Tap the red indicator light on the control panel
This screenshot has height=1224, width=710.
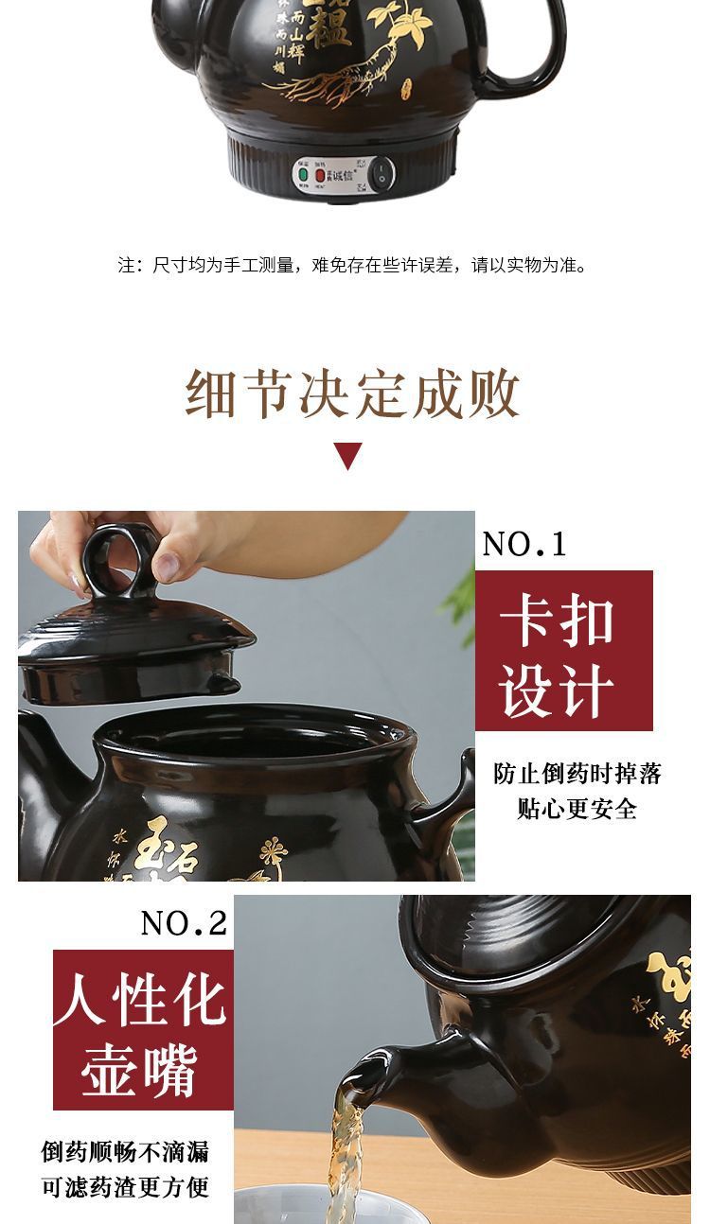tap(320, 175)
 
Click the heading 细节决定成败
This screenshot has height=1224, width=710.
tap(353, 394)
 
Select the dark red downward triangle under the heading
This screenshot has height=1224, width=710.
tap(348, 455)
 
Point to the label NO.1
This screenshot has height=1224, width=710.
tap(524, 544)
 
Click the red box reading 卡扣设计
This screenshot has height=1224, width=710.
tap(563, 650)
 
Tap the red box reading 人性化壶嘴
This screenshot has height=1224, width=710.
tap(142, 1029)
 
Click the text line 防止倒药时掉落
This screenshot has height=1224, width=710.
tap(577, 774)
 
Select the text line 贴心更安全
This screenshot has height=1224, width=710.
tap(577, 809)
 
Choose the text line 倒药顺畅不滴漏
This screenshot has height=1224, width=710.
tap(125, 1152)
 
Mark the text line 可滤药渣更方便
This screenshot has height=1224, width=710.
tap(125, 1187)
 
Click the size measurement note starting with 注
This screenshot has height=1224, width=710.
tap(353, 265)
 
